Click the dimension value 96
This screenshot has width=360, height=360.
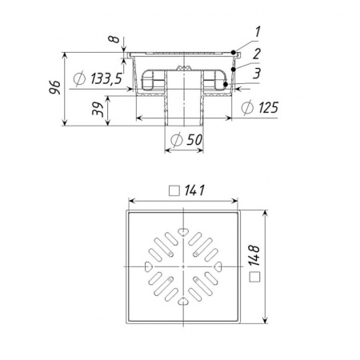pyautogui.click(x=54, y=87)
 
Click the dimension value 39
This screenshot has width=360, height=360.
pyautogui.click(x=98, y=109)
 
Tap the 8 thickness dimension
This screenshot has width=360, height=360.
pyautogui.click(x=114, y=39)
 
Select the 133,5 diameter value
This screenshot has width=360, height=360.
pyautogui.click(x=106, y=78)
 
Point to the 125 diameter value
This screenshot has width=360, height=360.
pyautogui.click(x=268, y=107)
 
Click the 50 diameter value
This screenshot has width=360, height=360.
pyautogui.click(x=194, y=140)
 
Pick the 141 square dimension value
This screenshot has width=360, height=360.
pyautogui.click(x=194, y=190)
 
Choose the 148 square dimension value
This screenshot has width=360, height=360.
pyautogui.click(x=254, y=256)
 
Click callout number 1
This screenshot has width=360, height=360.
pyautogui.click(x=257, y=32)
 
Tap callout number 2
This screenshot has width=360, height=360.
pyautogui.click(x=256, y=54)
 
